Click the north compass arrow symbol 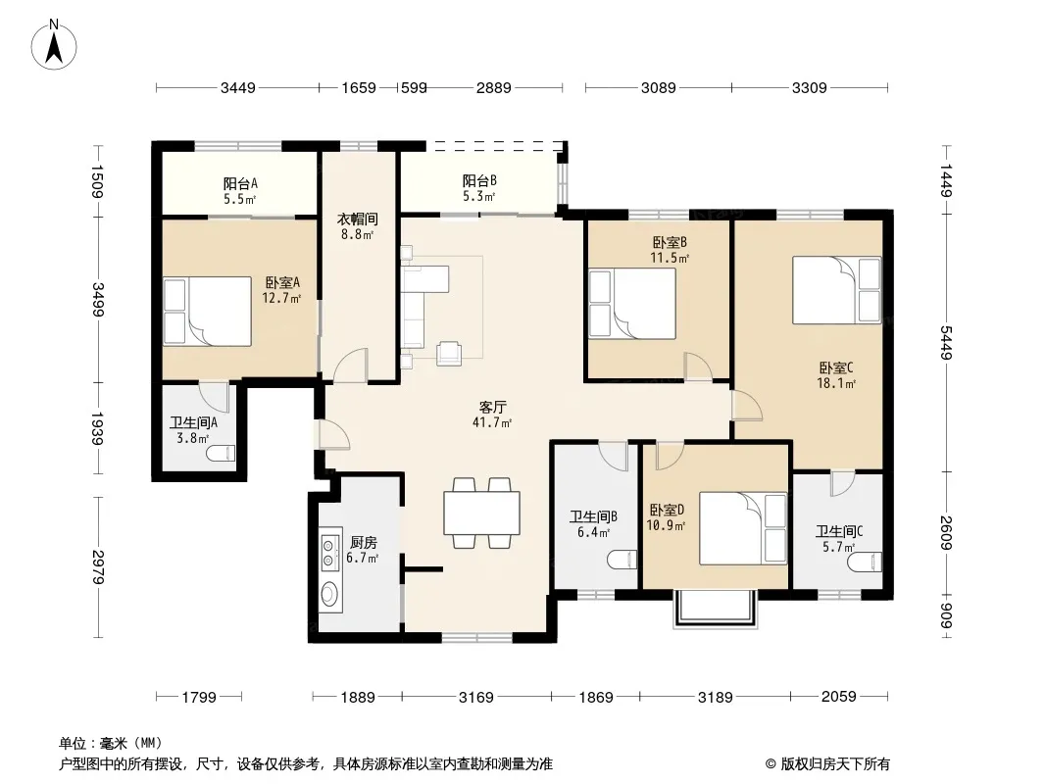tap(54, 45)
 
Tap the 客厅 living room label tap(493, 407)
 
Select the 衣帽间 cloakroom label tap(357, 220)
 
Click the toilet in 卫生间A tap(221, 454)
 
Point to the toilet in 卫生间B tap(623, 560)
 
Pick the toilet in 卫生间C tap(867, 563)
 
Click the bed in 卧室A tap(207, 312)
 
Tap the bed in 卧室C tap(836, 290)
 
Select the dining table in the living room tap(482, 513)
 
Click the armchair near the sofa tap(449, 353)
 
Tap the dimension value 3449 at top tap(238, 87)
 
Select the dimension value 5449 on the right tap(946, 342)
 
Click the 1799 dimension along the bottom tap(199, 697)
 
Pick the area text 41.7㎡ tap(492, 422)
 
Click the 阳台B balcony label tap(479, 180)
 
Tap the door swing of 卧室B tap(698, 367)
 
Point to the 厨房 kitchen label tap(364, 543)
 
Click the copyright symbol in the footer tap(771, 764)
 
